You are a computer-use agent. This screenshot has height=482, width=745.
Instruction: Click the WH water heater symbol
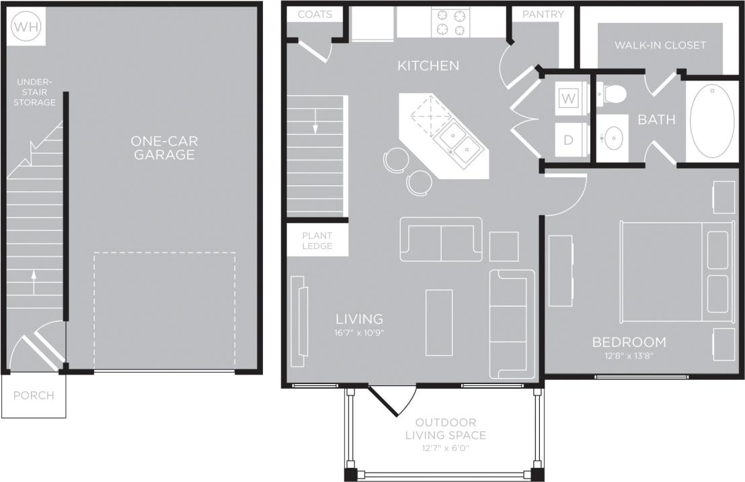(x=26, y=26)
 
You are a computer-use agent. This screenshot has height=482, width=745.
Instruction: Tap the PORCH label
(x=34, y=395)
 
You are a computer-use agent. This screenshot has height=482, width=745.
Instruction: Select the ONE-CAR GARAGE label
(x=165, y=148)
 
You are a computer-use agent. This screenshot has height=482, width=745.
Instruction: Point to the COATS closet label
(x=315, y=14)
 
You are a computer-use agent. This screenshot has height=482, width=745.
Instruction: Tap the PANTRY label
(x=543, y=14)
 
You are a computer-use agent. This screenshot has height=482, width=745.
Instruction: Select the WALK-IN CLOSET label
(x=660, y=46)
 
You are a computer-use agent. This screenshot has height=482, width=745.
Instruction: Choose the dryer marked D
(x=569, y=140)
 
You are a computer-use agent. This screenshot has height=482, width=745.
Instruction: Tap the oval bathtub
(x=712, y=121)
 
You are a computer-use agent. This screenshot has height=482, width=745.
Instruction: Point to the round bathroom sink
(x=613, y=139)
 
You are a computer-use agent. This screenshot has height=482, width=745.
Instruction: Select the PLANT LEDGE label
(x=317, y=241)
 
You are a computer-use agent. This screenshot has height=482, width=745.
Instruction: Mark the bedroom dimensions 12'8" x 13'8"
(x=629, y=356)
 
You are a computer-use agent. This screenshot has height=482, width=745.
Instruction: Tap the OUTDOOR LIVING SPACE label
(x=445, y=429)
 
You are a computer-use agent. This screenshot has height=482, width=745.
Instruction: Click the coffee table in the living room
(x=439, y=322)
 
